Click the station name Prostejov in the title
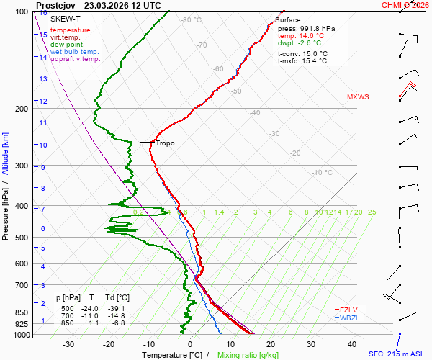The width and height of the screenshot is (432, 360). tap(56, 6)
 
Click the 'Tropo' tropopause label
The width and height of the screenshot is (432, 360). tap(165, 143)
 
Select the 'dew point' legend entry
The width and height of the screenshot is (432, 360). tap(66, 45)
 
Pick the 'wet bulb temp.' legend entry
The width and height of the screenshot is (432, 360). tap(74, 52)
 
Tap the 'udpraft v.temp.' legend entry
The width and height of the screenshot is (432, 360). tap(76, 59)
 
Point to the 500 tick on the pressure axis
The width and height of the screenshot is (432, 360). tap(22, 238)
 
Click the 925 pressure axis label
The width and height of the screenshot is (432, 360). tap(22, 324)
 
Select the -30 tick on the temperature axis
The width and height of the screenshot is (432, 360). tap(68, 344)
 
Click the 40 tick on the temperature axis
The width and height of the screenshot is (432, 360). tap(352, 344)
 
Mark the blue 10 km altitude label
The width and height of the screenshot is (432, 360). tap(42, 145)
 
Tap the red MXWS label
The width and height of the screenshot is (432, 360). tap(358, 97)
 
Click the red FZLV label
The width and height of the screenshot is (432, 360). tap(348, 310)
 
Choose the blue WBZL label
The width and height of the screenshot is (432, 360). tap(349, 318)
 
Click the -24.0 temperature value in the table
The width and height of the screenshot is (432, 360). tap(89, 308)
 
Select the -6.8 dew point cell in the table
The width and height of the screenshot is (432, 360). tap(119, 323)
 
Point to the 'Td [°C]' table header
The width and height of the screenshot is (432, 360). tap(117, 298)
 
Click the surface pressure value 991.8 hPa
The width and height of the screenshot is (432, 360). tap(317, 29)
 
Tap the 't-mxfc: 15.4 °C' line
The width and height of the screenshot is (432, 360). tap(302, 61)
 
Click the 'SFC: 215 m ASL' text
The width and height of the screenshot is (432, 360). tap(397, 354)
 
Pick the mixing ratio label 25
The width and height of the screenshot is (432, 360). tap(372, 212)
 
